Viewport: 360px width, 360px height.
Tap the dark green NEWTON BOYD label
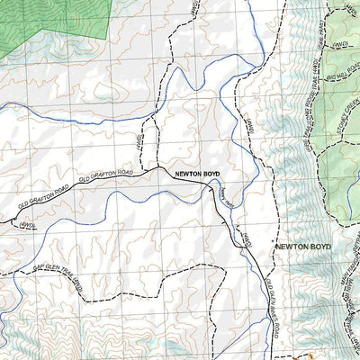[x=304, y=246]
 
